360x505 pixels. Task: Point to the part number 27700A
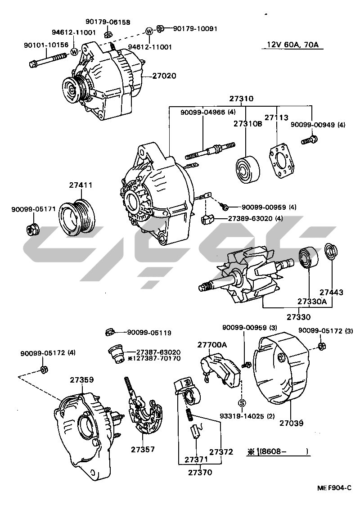[212, 344]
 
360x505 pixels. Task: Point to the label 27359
[81, 379]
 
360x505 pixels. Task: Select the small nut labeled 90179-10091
[160, 29]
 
